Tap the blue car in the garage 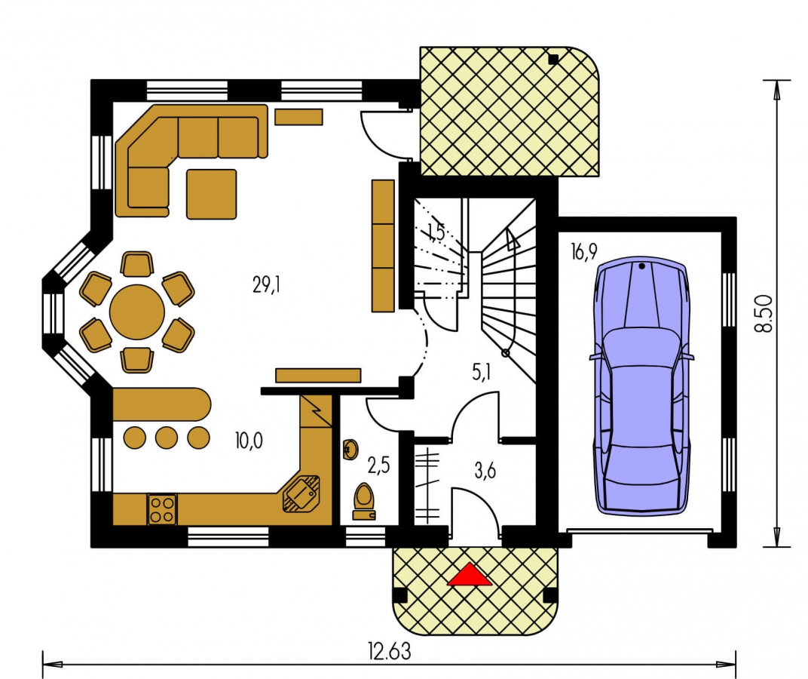pyautogui.click(x=641, y=389)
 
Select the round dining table pyautogui.click(x=137, y=312)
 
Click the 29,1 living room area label pyautogui.click(x=266, y=284)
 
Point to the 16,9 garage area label pyautogui.click(x=584, y=251)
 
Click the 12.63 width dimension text pyautogui.click(x=390, y=651)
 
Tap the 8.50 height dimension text pyautogui.click(x=766, y=313)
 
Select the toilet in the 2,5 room pyautogui.click(x=364, y=501)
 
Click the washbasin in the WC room pyautogui.click(x=350, y=450)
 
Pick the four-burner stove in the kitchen pyautogui.click(x=162, y=509)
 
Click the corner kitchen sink pyautogui.click(x=301, y=493)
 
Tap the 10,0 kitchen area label pyautogui.click(x=249, y=441)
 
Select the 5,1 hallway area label pyautogui.click(x=482, y=371)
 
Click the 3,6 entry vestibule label pyautogui.click(x=485, y=471)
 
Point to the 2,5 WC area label pyautogui.click(x=378, y=465)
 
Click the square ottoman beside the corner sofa pyautogui.click(x=211, y=193)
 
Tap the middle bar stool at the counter pyautogui.click(x=167, y=438)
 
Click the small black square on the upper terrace pyautogui.click(x=553, y=59)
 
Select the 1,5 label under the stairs pyautogui.click(x=436, y=232)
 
